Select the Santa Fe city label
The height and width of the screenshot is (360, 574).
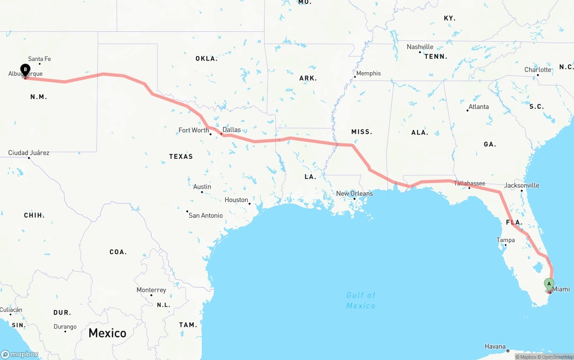click(39, 59)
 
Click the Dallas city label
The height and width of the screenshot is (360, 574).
click(231, 130)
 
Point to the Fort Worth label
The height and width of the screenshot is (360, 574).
click(194, 130)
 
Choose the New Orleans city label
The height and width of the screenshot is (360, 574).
click(354, 194)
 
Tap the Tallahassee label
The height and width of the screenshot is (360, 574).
click(470, 183)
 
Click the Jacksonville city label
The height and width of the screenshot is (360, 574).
click(522, 185)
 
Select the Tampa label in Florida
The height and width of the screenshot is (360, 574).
click(505, 240)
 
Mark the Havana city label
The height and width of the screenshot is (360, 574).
click(495, 347)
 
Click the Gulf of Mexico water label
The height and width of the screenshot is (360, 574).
click(361, 300)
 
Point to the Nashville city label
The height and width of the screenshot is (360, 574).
click(420, 47)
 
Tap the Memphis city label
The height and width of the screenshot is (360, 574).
click(368, 74)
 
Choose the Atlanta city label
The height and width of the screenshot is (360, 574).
click(478, 107)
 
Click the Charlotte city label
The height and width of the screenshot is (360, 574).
click(538, 70)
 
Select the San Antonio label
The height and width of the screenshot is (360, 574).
click(205, 216)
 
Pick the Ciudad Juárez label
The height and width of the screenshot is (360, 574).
click(29, 153)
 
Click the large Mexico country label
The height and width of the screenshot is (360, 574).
click(107, 333)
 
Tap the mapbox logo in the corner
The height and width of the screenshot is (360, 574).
click(20, 354)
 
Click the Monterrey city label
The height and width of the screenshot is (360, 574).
click(151, 290)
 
